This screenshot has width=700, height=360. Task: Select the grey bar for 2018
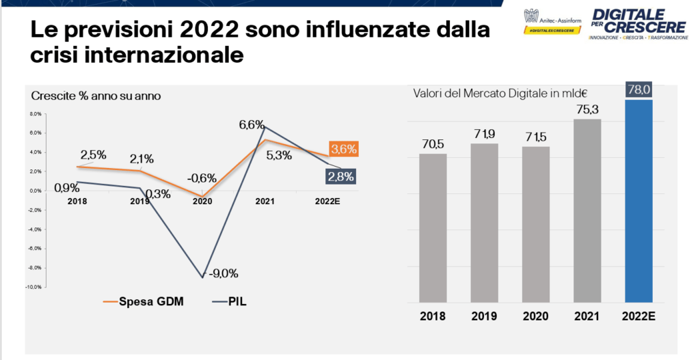433,227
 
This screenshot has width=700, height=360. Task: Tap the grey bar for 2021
587,210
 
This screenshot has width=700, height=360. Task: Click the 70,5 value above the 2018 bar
433,143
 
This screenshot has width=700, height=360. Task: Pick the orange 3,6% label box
343,149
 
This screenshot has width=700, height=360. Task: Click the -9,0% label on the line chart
224,274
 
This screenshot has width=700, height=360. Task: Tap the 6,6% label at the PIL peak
252,124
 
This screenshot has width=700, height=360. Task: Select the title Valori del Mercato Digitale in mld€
500,94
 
